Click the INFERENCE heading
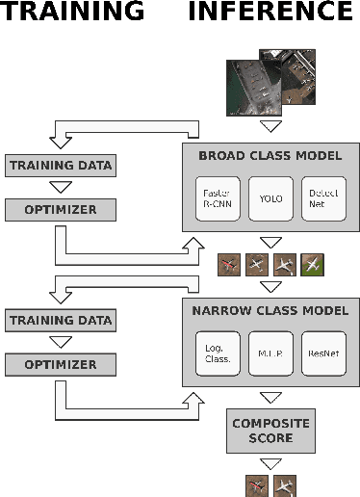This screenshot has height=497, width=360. pos(270,13)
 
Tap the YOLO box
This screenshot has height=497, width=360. pos(270,196)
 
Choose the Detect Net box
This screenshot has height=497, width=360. pos(322,196)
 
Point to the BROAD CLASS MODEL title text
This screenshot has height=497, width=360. pos(270,154)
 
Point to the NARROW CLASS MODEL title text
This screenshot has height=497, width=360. pos(270,310)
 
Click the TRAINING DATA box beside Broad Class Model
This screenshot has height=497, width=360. pos(60,165)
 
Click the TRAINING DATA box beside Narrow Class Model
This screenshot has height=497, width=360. pos(60,320)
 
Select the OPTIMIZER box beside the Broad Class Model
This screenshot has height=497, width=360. pos(60,208)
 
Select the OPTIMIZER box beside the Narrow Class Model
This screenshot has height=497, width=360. pos(60,364)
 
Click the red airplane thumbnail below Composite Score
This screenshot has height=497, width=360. pos(256,485)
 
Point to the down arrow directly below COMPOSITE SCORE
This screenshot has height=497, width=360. pos(270,463)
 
